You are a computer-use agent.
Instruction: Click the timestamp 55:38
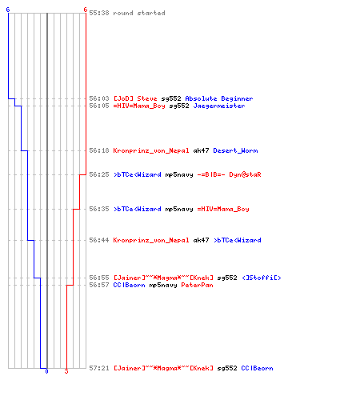(99, 13)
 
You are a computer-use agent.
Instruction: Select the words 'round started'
(139, 13)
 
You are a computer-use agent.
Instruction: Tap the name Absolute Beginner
(219, 98)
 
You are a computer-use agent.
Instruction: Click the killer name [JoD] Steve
(135, 98)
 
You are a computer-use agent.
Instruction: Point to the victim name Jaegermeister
(219, 106)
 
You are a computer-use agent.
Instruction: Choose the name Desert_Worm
(235, 150)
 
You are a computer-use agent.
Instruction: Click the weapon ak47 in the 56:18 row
(201, 150)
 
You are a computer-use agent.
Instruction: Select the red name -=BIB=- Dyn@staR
(229, 174)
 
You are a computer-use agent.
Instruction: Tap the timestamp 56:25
(99, 174)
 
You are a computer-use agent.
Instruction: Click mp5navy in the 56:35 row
(179, 210)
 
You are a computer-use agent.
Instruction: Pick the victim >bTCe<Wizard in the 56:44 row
(238, 240)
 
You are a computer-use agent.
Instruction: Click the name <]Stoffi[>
(262, 278)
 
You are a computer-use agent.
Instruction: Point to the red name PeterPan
(197, 285)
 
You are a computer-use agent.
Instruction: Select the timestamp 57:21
(99, 368)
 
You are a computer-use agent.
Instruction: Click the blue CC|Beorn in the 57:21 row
(257, 368)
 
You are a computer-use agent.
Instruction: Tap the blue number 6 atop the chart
(8, 10)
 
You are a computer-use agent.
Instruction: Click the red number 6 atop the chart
(86, 10)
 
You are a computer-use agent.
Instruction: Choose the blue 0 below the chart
(46, 371)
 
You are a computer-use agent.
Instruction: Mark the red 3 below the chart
(66, 371)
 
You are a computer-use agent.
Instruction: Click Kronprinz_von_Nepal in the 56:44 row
(151, 240)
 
